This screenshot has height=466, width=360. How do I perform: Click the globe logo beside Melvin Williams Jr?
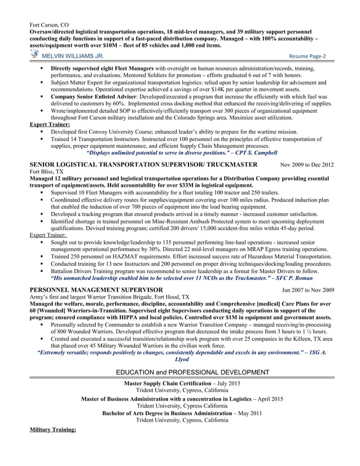coord(35,55)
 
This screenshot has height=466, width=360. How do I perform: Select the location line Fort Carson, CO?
coord(49,26)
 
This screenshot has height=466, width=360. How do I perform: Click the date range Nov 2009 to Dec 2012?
coord(307,165)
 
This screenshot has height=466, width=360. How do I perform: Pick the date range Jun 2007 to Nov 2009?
coord(308,289)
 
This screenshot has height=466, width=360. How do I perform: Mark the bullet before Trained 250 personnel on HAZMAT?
coord(43,256)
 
